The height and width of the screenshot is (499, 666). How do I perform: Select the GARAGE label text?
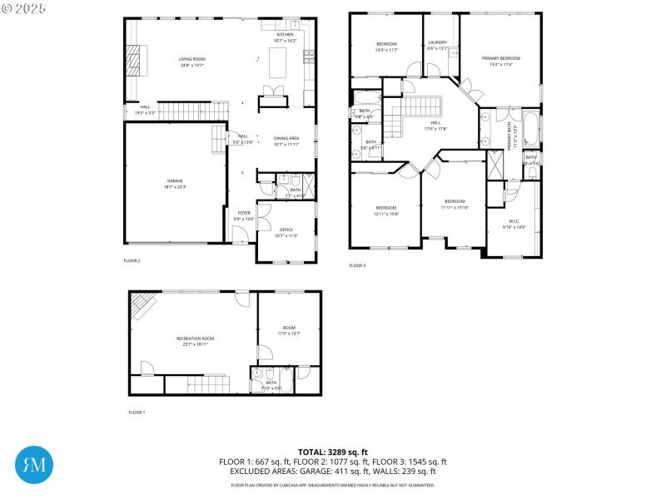point(175,181)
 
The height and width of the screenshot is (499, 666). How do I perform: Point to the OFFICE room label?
point(286,230)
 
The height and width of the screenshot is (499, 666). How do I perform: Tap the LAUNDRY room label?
point(438,43)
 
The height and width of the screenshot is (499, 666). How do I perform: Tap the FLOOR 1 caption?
point(137,413)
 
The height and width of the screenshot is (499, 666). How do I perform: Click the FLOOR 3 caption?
point(357,265)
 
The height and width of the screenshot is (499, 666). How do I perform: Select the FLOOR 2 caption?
point(132,261)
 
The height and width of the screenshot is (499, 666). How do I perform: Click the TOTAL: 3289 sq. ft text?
point(333,452)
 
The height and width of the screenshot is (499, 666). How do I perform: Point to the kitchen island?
point(281,60)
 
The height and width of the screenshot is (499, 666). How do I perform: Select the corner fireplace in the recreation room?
point(143,306)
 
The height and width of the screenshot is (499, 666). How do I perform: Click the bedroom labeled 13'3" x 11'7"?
point(386,46)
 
